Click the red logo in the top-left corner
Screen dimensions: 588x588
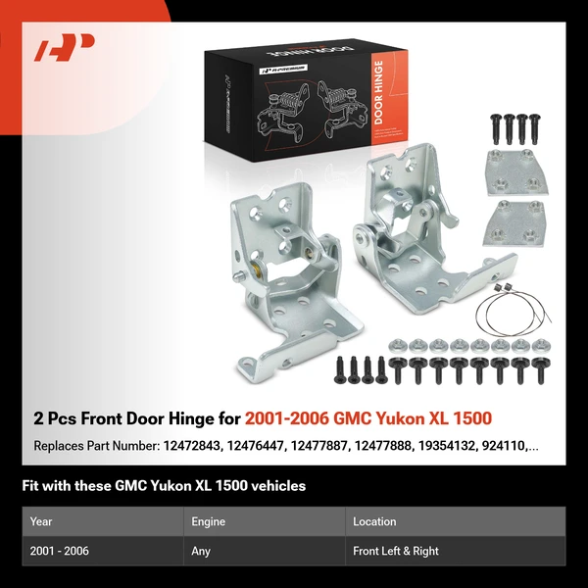(65, 47)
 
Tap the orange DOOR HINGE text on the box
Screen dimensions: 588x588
(378, 92)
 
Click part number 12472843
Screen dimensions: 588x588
(192, 446)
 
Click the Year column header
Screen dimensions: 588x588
(41, 521)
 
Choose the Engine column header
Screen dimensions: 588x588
(208, 521)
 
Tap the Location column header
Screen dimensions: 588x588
(374, 521)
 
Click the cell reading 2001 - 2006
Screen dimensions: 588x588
(59, 551)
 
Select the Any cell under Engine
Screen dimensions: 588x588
(200, 551)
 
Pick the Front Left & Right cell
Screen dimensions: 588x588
(396, 551)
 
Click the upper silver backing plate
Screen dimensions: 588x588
(516, 172)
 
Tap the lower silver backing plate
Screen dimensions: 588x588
(514, 223)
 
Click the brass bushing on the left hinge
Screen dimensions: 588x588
(256, 269)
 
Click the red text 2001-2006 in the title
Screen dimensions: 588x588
(286, 418)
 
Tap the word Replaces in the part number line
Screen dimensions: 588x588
(59, 446)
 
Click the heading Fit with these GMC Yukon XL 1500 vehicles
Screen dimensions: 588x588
(164, 486)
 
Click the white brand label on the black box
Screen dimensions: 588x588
(284, 69)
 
